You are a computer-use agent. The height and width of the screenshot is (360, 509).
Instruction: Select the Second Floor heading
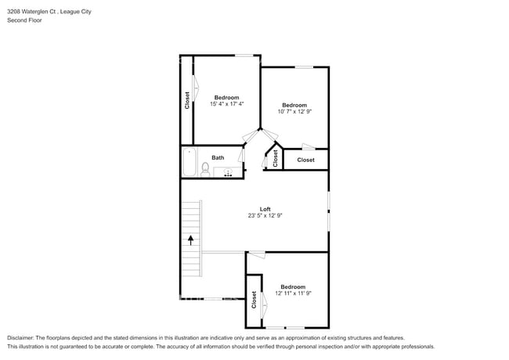pos(24,20)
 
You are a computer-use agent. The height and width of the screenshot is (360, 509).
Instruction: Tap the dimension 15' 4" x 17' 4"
pos(226,104)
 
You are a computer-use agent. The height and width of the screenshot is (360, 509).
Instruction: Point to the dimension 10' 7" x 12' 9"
pos(294,112)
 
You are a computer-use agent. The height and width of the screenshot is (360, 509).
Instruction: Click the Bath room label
pos(218,157)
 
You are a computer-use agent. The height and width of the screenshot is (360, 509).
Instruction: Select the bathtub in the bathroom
pos(189,163)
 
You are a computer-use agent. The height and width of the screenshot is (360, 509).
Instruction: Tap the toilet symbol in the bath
pos(204,168)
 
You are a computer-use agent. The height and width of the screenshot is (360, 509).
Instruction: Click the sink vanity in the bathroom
pos(228,171)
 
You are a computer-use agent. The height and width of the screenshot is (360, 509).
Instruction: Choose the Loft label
pos(265,208)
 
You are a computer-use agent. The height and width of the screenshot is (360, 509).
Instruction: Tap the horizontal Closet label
pos(305,160)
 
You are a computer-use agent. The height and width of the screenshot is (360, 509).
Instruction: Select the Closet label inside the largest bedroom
pos(187,100)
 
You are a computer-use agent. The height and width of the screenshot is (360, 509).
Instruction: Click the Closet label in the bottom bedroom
pos(254,300)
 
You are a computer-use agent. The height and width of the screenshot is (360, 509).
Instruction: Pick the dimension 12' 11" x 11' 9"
pos(294,293)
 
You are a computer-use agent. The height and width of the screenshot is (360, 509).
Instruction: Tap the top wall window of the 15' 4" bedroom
pos(245,55)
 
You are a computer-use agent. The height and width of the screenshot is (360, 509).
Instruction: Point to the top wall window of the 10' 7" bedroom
pos(304,67)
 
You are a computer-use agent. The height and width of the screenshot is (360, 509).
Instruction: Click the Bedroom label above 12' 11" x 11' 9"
pos(294,286)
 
